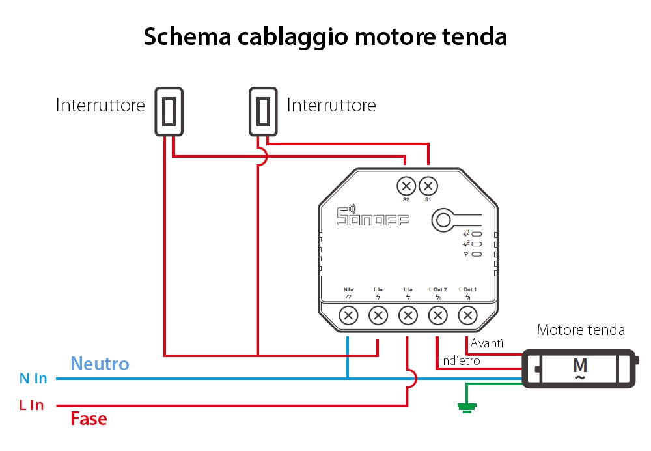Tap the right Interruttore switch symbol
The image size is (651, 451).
(264, 111)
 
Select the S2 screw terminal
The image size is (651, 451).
(406, 186)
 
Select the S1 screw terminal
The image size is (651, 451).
(428, 186)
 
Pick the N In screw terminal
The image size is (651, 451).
(349, 316)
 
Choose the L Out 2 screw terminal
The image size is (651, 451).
(437, 316)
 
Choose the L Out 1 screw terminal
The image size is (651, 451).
(467, 316)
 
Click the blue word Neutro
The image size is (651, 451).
(100, 364)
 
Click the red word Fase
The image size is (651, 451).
(89, 418)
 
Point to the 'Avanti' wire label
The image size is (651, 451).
(487, 343)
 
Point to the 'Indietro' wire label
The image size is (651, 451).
(460, 360)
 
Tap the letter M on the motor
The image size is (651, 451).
(579, 365)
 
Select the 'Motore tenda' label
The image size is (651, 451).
(581, 330)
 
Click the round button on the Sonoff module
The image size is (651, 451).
(443, 220)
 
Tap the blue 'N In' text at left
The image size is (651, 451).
(33, 378)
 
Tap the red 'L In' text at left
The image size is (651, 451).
(31, 405)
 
